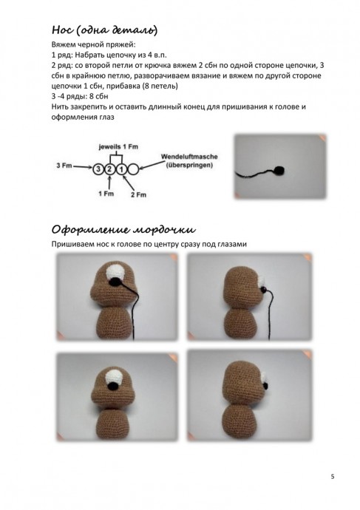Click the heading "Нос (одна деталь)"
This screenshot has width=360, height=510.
[x=105, y=30]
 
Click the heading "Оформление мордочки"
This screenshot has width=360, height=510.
[x=123, y=230]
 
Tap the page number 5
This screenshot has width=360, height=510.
[x=333, y=477]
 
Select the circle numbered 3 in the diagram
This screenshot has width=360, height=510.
[x=98, y=169]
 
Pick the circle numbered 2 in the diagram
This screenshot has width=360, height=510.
[x=109, y=169]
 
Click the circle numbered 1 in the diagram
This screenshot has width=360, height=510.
[x=121, y=169]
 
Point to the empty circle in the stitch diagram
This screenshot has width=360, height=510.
[x=133, y=169]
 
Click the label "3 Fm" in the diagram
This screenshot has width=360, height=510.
[x=64, y=166]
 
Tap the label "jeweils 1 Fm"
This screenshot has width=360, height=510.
[x=118, y=146]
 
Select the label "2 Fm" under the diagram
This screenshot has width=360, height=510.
[x=138, y=195]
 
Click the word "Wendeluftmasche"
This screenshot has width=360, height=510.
[x=189, y=157]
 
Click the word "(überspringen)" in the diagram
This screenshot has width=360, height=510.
[x=189, y=165]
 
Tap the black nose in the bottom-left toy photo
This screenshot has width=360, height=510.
[x=112, y=386]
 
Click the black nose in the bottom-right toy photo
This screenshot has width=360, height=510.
[x=265, y=386]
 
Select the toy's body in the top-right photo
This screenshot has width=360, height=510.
[x=241, y=323]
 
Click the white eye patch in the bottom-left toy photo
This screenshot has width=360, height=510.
[x=114, y=377]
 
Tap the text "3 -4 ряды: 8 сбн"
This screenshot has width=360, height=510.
[x=80, y=97]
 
